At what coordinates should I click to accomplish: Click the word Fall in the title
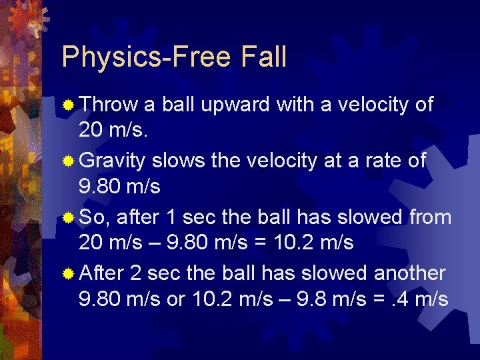click(261, 57)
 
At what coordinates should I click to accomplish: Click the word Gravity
click(113, 161)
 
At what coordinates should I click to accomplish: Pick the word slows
click(175, 161)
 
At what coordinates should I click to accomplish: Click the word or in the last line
click(176, 299)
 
